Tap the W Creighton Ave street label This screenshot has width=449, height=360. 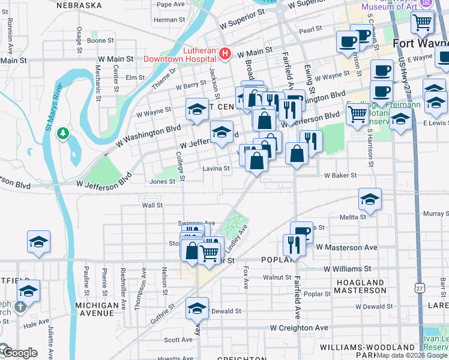(299, 328)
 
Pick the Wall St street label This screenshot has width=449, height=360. (152, 205)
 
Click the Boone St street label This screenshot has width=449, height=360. (100, 41)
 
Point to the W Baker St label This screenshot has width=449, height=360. (340, 176)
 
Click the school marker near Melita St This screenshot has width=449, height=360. (370, 199)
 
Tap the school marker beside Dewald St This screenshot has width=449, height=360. (197, 308)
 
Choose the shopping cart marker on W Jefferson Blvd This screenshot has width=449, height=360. (358, 113)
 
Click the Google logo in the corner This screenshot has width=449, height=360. (20, 353)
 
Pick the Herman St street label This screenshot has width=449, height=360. (165, 20)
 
